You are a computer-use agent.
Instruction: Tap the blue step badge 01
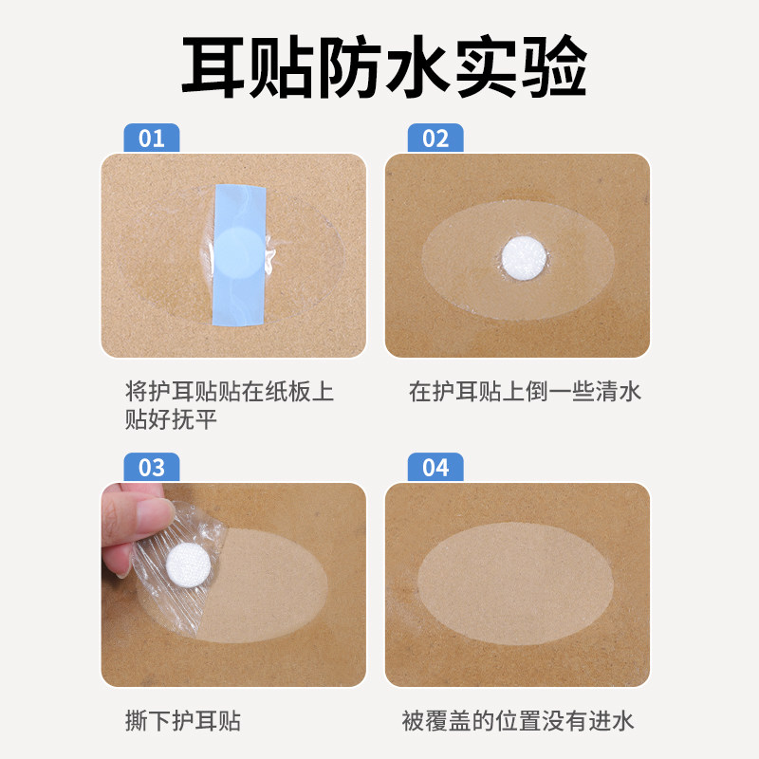tap(152, 139)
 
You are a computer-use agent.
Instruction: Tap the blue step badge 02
tap(435, 139)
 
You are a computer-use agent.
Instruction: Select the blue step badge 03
tap(152, 468)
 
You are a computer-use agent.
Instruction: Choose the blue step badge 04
tap(435, 468)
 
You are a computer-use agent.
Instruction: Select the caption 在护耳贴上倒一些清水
tap(525, 391)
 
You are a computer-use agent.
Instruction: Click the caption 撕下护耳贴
tap(182, 720)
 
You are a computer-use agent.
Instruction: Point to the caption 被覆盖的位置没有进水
tap(517, 720)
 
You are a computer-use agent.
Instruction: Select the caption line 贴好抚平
tap(171, 418)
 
